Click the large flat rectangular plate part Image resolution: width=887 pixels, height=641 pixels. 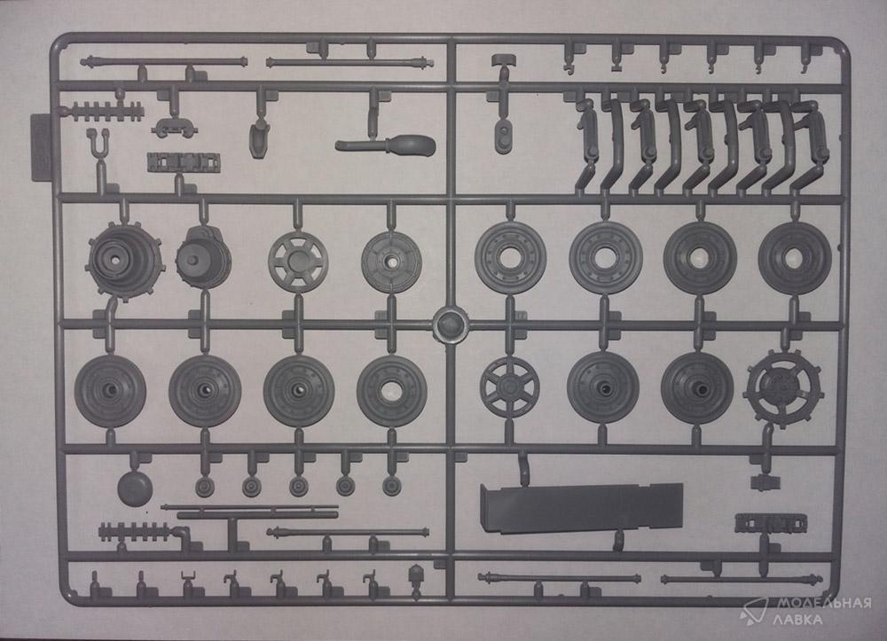tap(580, 508)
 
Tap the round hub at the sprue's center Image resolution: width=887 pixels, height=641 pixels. tap(450, 324)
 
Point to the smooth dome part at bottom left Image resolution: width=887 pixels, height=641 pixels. tap(135, 488)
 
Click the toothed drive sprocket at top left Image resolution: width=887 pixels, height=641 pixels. tap(125, 261)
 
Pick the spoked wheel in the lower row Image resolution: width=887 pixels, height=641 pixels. tap(509, 387)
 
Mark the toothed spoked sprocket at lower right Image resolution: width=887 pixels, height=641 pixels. tap(777, 387)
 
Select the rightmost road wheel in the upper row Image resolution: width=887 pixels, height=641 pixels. tap(794, 258)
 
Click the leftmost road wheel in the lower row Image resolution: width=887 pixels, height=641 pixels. tap(110, 390)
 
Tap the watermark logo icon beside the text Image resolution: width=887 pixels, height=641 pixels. tap(754, 611)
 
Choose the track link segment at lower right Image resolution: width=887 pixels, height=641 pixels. tap(758, 523)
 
